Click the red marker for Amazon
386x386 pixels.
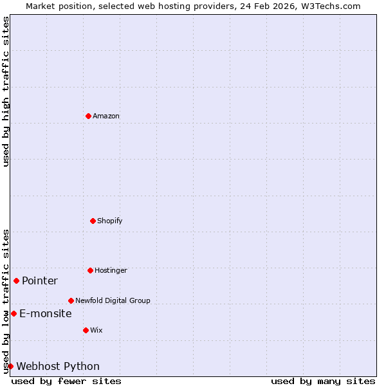(88, 116)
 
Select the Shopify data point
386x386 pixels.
(93, 221)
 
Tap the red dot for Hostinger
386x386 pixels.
(90, 270)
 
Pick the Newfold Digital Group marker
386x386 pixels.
(71, 300)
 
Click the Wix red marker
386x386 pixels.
(86, 330)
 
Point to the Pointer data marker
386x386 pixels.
(16, 280)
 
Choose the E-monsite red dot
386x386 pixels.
(14, 313)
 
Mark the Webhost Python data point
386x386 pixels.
(10, 366)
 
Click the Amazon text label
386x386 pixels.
(106, 116)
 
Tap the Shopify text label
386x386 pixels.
(110, 221)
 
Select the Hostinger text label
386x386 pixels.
(111, 270)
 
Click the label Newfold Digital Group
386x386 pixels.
(113, 300)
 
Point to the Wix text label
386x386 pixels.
(96, 330)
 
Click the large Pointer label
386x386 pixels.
(40, 280)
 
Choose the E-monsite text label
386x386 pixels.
(46, 313)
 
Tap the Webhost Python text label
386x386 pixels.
(58, 366)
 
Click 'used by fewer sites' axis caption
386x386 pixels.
(66, 381)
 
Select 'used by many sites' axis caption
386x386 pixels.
(323, 381)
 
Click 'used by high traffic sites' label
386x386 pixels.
(6, 91)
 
